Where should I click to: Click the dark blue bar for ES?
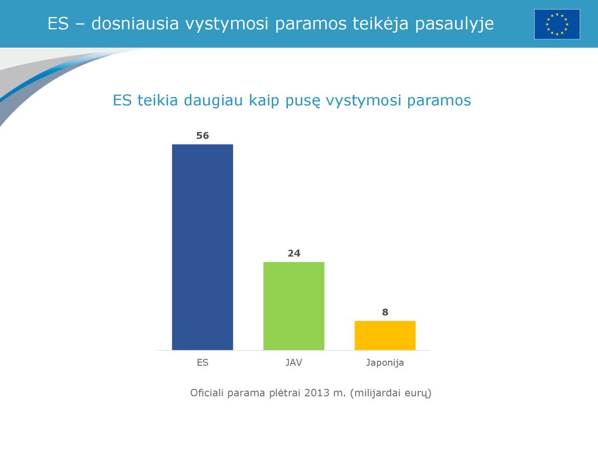click(x=203, y=247)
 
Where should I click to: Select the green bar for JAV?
click(x=294, y=306)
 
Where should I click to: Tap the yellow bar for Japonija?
click(x=385, y=335)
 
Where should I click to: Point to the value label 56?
click(x=203, y=136)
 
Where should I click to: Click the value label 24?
click(x=294, y=253)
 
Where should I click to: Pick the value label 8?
click(x=385, y=312)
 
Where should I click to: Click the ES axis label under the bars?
click(x=203, y=362)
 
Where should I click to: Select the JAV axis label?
click(x=294, y=362)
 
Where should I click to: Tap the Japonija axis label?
click(x=385, y=362)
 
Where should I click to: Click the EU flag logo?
click(x=557, y=25)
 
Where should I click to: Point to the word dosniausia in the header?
click(x=135, y=23)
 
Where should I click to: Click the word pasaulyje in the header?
click(x=454, y=24)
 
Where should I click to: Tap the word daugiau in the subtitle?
click(x=213, y=101)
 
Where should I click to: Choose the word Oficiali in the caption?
click(x=207, y=393)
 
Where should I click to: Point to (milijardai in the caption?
click(x=376, y=393)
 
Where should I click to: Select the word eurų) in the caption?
click(x=418, y=393)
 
